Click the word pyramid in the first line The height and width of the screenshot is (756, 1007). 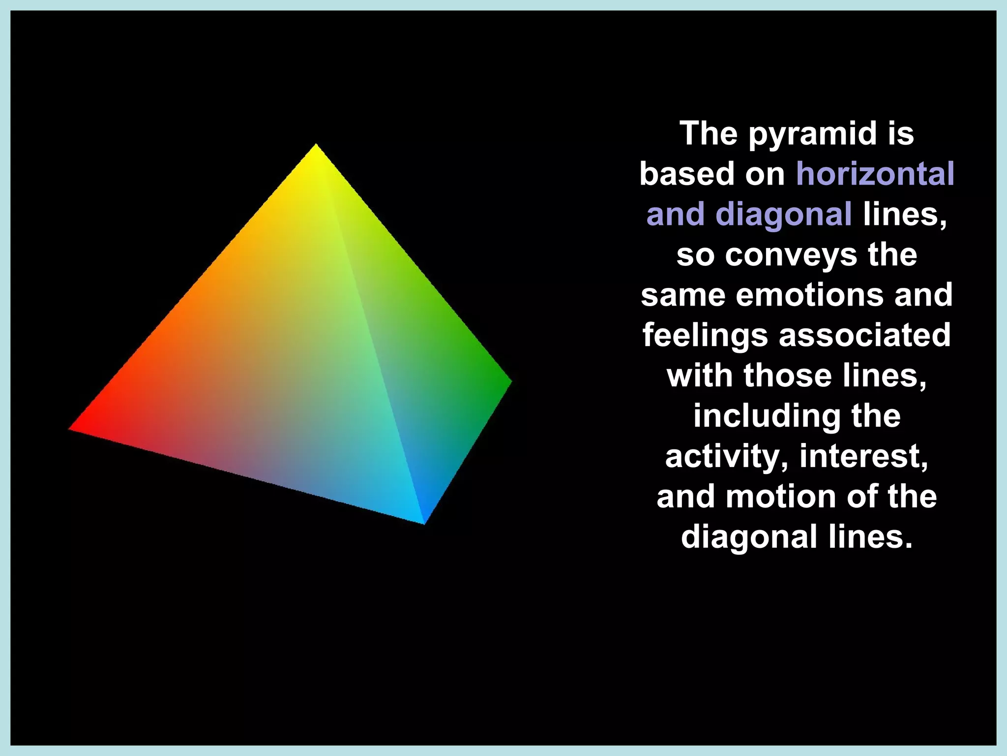click(x=813, y=134)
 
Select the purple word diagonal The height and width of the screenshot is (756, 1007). click(x=784, y=215)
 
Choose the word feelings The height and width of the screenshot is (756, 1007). click(x=705, y=336)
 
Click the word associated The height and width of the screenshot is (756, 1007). click(x=865, y=336)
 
